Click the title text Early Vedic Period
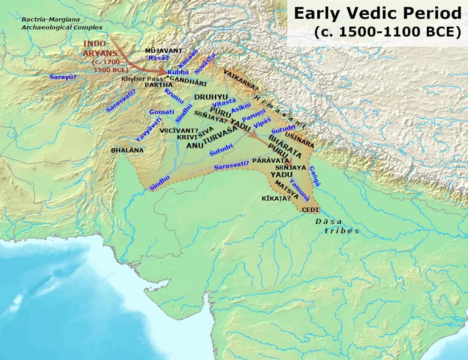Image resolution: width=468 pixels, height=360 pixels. (x=378, y=13)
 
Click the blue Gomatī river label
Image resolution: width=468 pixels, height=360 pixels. (x=162, y=112)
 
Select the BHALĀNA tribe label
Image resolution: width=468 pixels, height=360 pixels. (x=127, y=151)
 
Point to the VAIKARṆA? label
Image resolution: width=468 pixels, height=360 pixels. (x=241, y=79)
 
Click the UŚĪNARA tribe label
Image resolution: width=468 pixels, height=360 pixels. (x=302, y=140)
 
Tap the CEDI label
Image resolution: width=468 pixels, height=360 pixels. (x=310, y=210)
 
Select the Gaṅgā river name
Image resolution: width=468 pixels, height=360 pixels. (x=315, y=176)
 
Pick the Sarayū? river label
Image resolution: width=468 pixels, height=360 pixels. (x=63, y=77)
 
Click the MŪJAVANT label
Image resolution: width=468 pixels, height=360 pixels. (x=164, y=50)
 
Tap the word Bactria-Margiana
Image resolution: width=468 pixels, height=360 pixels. (x=51, y=20)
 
